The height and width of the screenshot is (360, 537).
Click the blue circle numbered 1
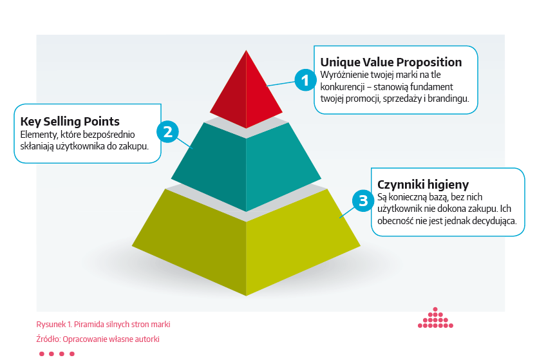click(305, 80)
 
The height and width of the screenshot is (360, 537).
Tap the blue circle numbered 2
click(167, 131)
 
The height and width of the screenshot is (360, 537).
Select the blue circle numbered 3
click(363, 201)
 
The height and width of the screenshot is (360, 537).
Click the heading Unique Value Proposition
click(391, 62)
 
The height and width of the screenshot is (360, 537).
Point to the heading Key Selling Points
click(70, 122)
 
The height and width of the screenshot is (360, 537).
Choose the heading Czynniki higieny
click(422, 185)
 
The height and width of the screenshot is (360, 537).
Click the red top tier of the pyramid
click(246, 90)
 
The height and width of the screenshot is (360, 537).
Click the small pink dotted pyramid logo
click(435, 317)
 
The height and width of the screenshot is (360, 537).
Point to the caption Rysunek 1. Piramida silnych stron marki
click(103, 325)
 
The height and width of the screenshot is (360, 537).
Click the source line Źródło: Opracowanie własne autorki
click(98, 339)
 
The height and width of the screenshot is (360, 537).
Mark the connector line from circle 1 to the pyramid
click(281, 83)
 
